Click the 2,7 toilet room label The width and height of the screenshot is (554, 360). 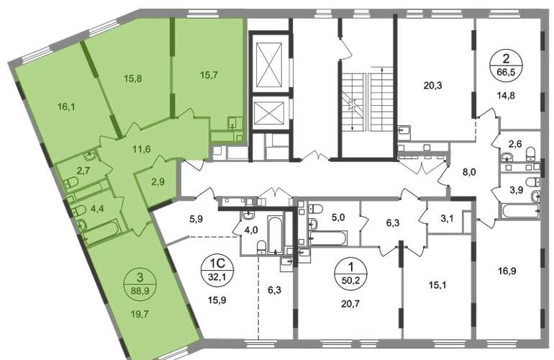[83, 171]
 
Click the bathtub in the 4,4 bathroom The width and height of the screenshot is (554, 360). [101, 231]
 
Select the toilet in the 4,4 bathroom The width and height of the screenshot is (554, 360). [80, 211]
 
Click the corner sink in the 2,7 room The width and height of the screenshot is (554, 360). [87, 156]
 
